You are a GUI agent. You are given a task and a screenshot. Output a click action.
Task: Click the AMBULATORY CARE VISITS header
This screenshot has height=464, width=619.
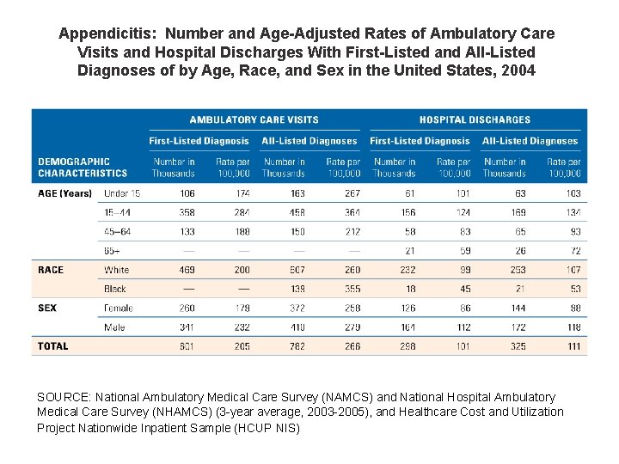(254, 119)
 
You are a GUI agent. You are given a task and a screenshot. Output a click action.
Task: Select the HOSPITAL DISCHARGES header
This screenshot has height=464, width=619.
(475, 119)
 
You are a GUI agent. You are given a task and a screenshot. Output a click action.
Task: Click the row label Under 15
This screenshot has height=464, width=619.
(122, 193)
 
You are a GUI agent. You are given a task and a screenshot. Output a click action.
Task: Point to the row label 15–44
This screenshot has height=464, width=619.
(119, 212)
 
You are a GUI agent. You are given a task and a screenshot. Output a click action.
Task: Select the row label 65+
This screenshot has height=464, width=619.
(112, 250)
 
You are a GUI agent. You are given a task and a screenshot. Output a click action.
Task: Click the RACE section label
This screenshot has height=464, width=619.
(51, 270)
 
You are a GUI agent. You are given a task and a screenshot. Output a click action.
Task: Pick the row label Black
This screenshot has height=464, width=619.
(116, 289)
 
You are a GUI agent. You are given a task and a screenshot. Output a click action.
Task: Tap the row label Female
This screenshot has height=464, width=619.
(119, 308)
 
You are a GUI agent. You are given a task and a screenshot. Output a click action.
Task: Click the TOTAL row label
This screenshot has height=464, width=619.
(52, 346)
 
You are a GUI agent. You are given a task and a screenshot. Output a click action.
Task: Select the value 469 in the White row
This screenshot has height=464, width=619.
(186, 270)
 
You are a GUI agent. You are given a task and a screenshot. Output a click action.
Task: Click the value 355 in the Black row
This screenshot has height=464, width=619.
(352, 289)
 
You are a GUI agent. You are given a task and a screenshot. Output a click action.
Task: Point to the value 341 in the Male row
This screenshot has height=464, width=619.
(186, 327)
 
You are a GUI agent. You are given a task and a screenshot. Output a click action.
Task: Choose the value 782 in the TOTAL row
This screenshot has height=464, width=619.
(296, 346)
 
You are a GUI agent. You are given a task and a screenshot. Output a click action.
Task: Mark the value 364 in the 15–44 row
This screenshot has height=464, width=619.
(352, 212)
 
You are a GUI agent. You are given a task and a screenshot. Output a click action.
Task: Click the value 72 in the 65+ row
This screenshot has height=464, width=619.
(574, 250)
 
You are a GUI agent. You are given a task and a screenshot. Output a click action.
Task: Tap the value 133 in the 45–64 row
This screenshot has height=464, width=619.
(186, 231)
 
